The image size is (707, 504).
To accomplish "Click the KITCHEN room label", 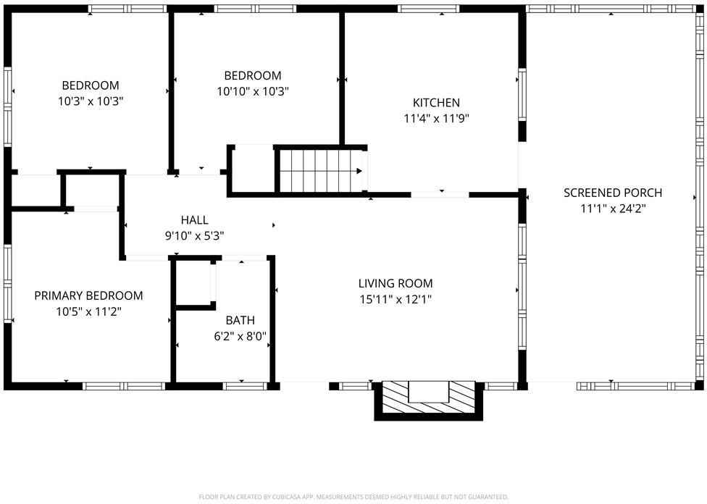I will pyautogui.click(x=436, y=103).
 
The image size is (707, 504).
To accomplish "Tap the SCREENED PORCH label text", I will pyautogui.click(x=613, y=193).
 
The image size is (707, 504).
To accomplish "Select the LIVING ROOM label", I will pyautogui.click(x=396, y=283).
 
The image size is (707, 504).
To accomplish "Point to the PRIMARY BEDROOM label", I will pyautogui.click(x=88, y=295).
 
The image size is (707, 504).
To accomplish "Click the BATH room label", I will pyautogui.click(x=240, y=320).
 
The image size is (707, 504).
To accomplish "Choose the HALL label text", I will pyautogui.click(x=194, y=220).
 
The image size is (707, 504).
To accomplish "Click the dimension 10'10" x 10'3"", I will pyautogui.click(x=252, y=92).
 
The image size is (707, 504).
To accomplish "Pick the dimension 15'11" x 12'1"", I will pyautogui.click(x=396, y=299).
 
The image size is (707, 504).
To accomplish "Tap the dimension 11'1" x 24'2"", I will pyautogui.click(x=613, y=209).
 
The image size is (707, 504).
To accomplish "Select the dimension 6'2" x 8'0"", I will pyautogui.click(x=240, y=336).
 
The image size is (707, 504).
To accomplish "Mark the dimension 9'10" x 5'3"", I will pyautogui.click(x=194, y=235).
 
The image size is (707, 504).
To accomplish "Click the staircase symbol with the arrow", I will pyautogui.click(x=321, y=171).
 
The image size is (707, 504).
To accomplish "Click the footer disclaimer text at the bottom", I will pyautogui.click(x=353, y=497).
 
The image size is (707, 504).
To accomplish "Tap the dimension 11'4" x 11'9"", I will pyautogui.click(x=436, y=119).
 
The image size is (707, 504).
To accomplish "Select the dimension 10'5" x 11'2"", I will pyautogui.click(x=88, y=311).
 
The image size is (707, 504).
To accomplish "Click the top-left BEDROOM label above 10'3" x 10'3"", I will pyautogui.click(x=91, y=85).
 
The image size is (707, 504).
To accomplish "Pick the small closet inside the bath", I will pyautogui.click(x=193, y=283).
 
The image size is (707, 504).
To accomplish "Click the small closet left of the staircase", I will pyautogui.click(x=251, y=169).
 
